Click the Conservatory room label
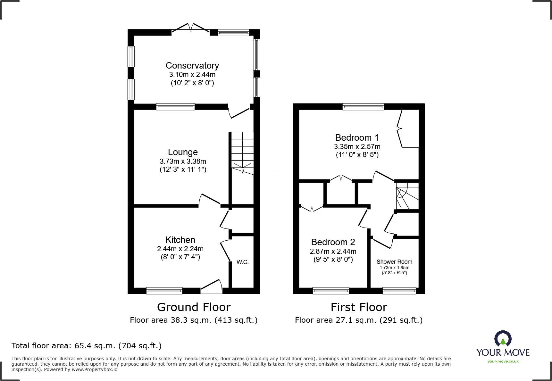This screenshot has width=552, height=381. [192, 66]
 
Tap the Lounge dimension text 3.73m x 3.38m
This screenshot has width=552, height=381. [183, 161]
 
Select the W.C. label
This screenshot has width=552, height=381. [242, 262]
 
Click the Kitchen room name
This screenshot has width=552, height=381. [180, 240]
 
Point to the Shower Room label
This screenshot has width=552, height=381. [394, 262]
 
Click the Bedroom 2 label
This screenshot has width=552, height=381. [333, 242]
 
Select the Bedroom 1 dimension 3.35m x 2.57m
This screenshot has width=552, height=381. [357, 147]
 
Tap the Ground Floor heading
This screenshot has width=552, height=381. [194, 307]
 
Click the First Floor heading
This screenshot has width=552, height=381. [359, 307]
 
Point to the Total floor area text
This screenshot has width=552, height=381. [87, 346]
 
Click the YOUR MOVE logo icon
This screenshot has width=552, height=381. [503, 338]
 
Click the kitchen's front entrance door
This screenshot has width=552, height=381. [211, 287]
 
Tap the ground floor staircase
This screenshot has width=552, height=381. [242, 152]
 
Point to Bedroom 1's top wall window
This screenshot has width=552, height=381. [363, 107]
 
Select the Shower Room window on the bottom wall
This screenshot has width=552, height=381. [399, 291]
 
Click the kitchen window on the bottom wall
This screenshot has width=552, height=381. [164, 291]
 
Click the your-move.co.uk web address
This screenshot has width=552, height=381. [503, 361]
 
